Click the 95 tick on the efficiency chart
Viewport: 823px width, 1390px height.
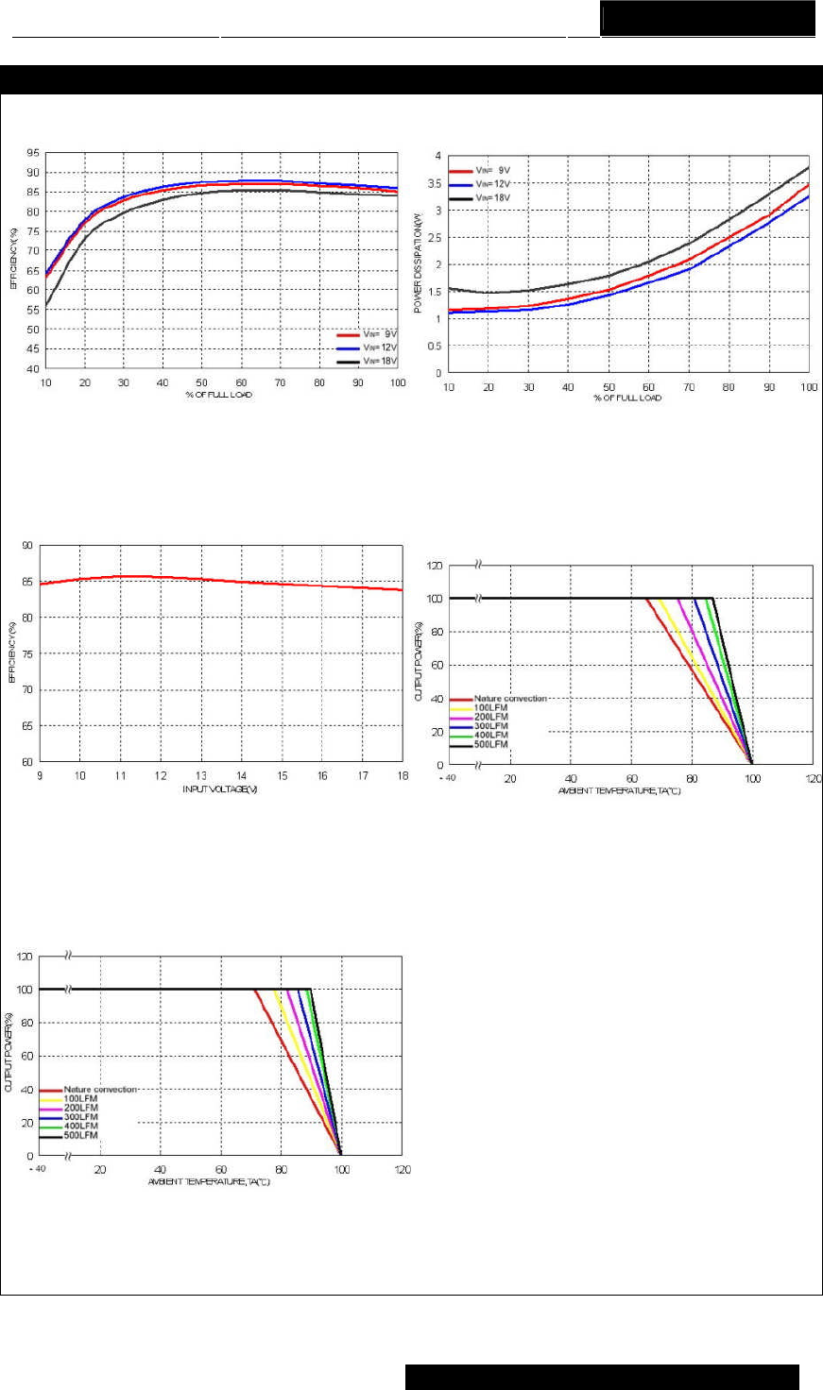(33, 153)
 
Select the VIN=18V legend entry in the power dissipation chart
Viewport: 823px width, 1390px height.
(492, 197)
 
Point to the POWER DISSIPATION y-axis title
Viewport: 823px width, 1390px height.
(418, 262)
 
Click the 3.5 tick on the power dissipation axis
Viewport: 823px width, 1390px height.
(436, 183)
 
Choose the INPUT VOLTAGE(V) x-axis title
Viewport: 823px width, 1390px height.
(220, 789)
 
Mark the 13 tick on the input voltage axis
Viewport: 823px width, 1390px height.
(200, 776)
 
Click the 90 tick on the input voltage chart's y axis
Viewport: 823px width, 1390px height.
(26, 546)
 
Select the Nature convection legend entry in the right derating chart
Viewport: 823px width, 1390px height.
(510, 699)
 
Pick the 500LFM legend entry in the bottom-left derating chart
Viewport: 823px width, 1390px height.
(80, 1136)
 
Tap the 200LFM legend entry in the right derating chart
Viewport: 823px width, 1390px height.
(490, 718)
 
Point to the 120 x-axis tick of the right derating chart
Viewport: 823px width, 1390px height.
(813, 779)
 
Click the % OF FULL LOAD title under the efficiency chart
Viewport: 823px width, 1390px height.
(218, 395)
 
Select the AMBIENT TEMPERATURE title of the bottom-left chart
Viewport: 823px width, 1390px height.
(209, 1182)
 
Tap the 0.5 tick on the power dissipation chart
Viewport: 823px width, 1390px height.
(436, 347)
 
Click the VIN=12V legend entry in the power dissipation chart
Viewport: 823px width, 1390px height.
(492, 184)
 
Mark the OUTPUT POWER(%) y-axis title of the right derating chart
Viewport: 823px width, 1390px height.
(419, 661)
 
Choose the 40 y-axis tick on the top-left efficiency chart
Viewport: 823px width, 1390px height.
(33, 369)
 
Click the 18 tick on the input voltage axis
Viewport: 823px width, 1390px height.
(403, 776)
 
